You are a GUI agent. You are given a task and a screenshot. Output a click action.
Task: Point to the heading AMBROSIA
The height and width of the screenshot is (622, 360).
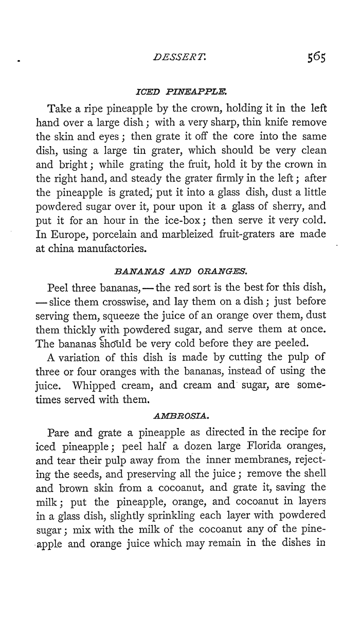(179, 399)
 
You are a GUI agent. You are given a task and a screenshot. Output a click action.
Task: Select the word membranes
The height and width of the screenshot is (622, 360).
(257, 442)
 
